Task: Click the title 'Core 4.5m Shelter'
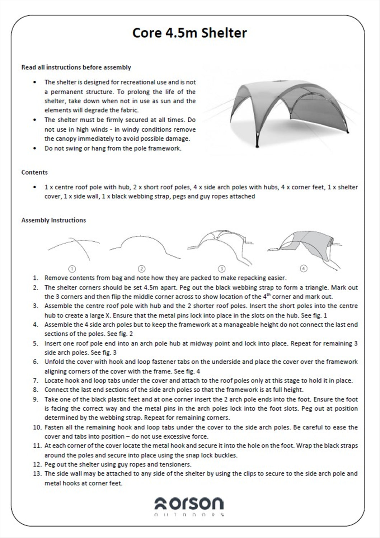189,33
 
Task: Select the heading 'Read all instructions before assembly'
76,67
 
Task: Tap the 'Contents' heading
34,172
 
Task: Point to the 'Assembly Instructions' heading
53,220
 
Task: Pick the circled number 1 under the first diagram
72,268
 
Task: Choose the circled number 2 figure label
141,268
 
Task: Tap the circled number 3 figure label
221,268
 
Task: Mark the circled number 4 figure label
304,268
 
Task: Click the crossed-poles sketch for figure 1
74,247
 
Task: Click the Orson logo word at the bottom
189,504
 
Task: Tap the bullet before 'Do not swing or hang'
34,148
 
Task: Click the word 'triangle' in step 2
316,287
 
